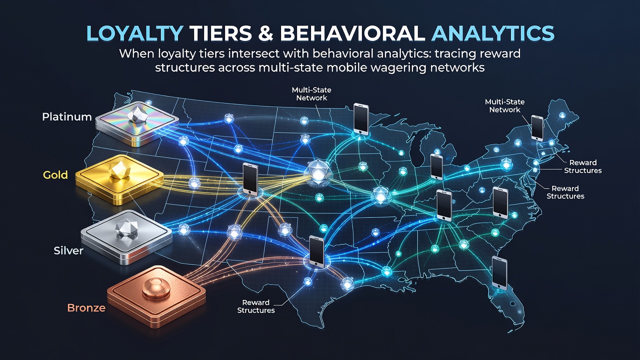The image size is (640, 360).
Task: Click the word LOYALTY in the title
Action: [134, 33]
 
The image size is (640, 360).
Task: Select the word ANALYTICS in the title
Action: [493, 33]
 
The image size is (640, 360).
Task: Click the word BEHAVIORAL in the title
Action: [353, 33]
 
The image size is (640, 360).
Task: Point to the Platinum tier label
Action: [67, 116]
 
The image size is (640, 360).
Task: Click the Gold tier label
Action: [55, 174]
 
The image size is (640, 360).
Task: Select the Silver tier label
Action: [68, 250]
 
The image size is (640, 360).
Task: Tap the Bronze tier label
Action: [86, 307]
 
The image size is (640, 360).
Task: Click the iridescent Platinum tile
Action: [136, 123]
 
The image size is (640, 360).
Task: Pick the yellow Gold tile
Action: [119, 179]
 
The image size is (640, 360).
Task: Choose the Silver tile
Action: [126, 237]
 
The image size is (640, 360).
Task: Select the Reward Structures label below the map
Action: [256, 306]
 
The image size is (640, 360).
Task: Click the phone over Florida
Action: [499, 273]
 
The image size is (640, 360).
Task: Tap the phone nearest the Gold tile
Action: [250, 179]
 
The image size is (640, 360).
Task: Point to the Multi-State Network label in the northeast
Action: [504, 105]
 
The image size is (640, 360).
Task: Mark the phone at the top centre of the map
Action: [361, 118]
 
